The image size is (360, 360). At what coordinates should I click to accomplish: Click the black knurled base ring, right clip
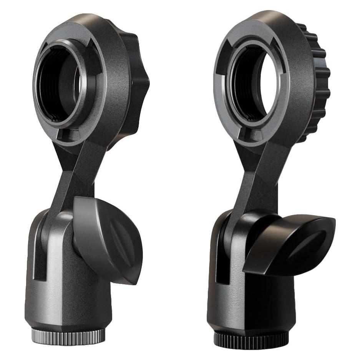[252, 338]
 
